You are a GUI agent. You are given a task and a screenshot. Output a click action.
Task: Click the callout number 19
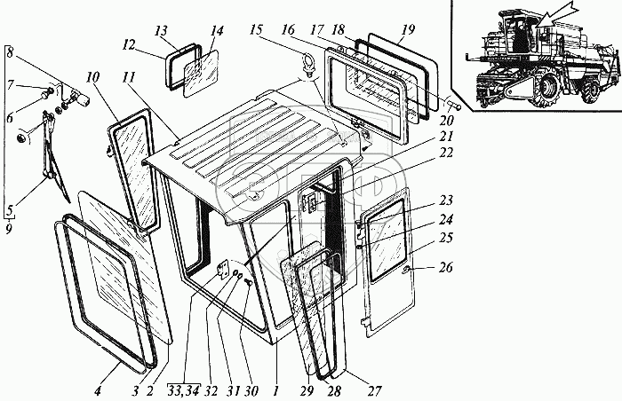pyautogui.click(x=405, y=30)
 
